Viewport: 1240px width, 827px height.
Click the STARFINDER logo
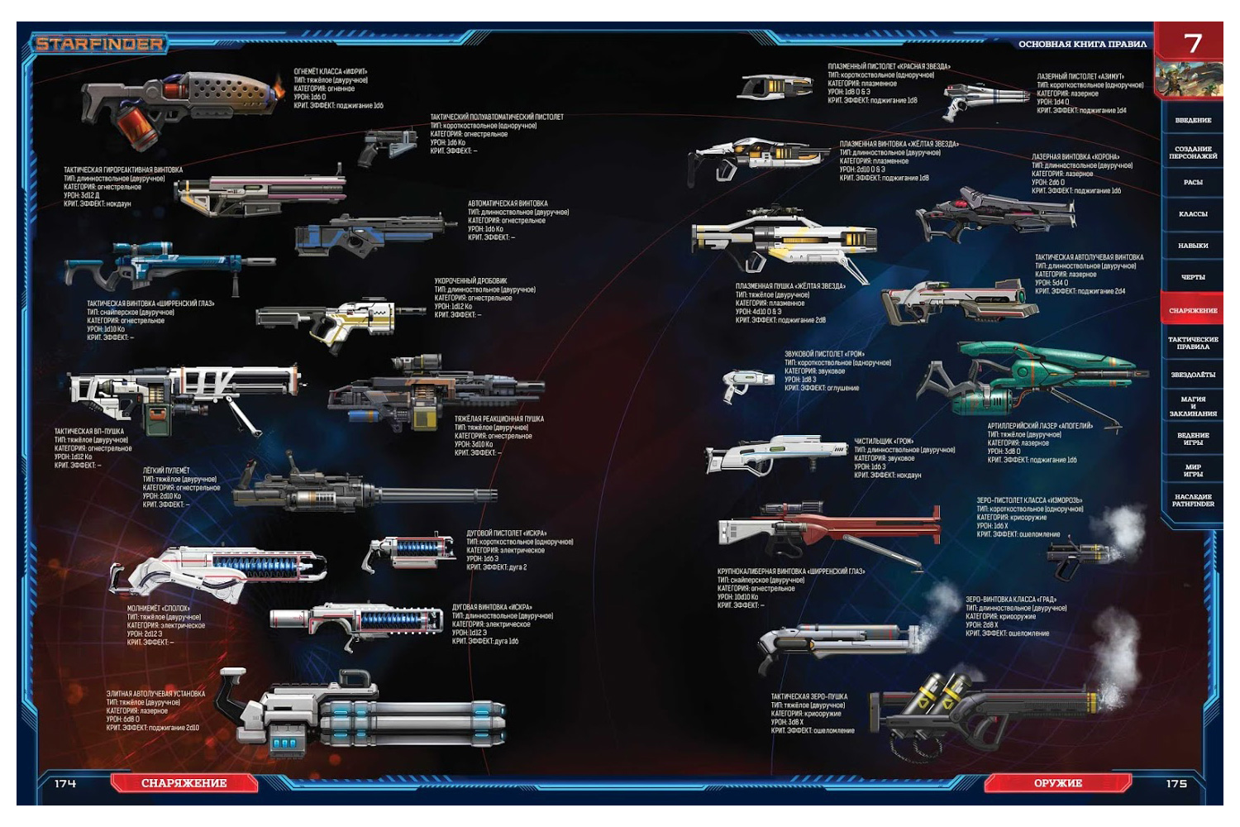click(99, 44)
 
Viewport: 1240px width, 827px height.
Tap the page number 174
click(65, 782)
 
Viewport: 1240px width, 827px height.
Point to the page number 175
click(1176, 782)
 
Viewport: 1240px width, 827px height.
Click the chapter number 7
click(1192, 43)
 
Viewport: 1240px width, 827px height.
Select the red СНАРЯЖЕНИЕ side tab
click(1193, 310)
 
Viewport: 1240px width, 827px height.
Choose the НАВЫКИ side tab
click(1193, 246)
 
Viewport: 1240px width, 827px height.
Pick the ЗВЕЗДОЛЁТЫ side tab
click(1193, 375)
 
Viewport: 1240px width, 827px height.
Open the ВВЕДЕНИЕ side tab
click(1193, 120)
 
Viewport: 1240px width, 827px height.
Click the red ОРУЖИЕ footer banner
click(1057, 782)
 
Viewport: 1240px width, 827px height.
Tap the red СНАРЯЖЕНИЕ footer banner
click(184, 782)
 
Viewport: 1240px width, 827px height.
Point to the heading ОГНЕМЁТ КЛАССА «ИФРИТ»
click(331, 72)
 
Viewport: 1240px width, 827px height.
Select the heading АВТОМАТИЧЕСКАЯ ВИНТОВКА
click(508, 203)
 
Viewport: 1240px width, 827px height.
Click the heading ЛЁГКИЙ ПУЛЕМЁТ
click(166, 471)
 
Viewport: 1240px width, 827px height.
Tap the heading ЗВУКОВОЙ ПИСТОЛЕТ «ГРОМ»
click(825, 354)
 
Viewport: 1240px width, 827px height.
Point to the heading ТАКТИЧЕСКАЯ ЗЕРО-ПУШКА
click(808, 696)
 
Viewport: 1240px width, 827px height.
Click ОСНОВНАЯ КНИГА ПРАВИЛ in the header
click(1082, 44)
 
